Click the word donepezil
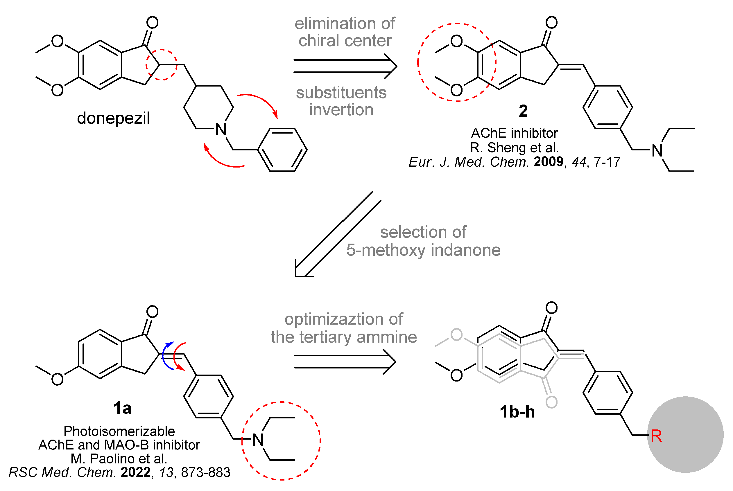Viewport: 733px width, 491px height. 113,118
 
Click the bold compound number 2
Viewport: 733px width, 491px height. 523,111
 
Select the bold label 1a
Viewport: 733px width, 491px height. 122,408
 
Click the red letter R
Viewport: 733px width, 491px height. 656,436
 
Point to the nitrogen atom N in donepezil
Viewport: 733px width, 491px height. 221,129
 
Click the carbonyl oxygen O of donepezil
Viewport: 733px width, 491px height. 152,23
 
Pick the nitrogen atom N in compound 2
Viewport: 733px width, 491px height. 657,151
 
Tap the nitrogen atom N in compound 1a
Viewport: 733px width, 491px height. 258,440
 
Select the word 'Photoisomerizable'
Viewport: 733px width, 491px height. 119,431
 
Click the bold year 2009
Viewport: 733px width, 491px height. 548,162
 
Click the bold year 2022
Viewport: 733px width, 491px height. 136,472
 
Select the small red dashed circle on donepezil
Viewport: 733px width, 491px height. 161,65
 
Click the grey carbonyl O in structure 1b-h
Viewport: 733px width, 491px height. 551,402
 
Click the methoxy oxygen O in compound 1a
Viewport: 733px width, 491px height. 57,379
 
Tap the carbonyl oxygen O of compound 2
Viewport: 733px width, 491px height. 551,23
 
